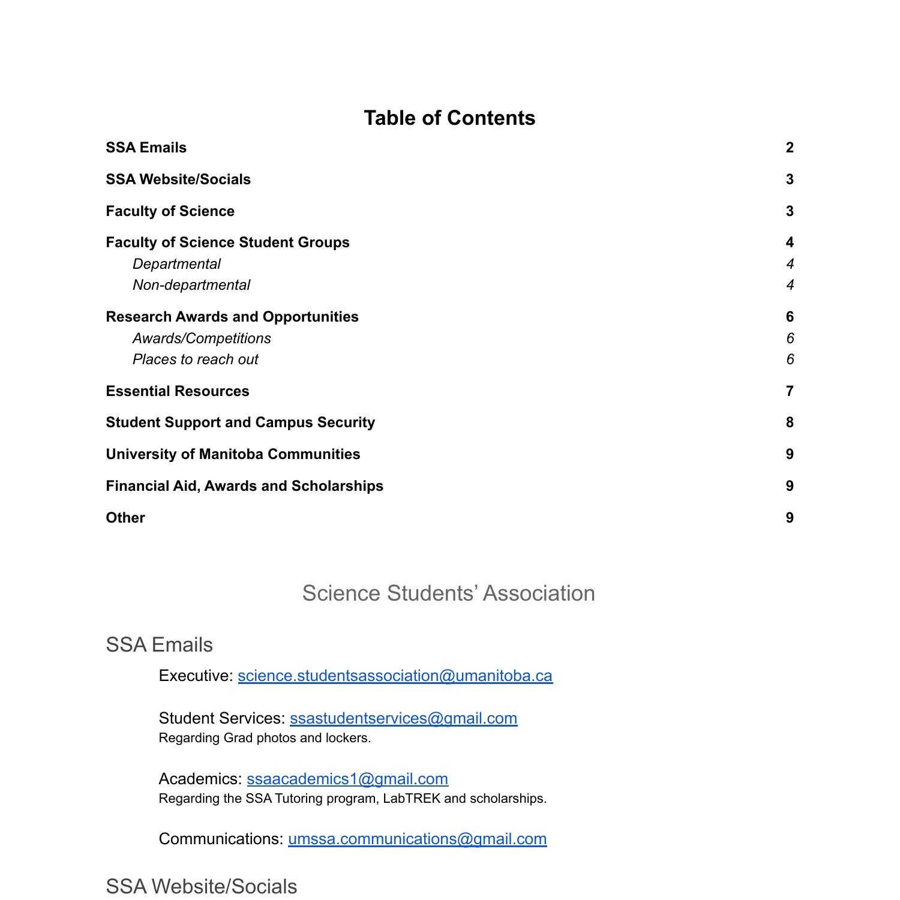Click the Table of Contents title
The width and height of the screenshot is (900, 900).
tap(449, 118)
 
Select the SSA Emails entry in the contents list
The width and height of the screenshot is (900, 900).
tap(146, 148)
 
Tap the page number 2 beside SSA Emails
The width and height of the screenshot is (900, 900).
tap(789, 148)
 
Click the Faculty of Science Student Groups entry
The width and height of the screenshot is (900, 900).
tap(227, 242)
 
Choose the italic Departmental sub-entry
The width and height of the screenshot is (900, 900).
tap(176, 264)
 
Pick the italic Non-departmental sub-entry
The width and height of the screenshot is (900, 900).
tap(191, 285)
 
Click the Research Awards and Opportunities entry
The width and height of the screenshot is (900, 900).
tap(232, 317)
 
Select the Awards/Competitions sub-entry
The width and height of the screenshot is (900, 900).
tap(202, 338)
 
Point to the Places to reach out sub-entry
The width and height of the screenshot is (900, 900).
tap(195, 359)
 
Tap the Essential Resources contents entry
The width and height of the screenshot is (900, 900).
tap(177, 391)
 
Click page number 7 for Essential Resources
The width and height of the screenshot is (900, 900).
tap(789, 391)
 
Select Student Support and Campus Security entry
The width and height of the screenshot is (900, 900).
tap(240, 422)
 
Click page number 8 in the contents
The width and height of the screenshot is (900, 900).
tap(789, 422)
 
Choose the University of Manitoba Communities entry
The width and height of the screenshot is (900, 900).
tap(233, 454)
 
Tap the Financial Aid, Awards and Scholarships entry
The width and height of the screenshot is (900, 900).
tap(244, 486)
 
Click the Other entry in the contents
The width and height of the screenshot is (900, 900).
tap(125, 518)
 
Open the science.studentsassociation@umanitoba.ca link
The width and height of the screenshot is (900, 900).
tap(395, 676)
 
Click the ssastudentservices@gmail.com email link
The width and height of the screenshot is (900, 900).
tap(403, 718)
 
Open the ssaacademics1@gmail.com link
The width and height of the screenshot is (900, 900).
tap(347, 779)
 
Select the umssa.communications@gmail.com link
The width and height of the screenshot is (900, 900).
tap(417, 839)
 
